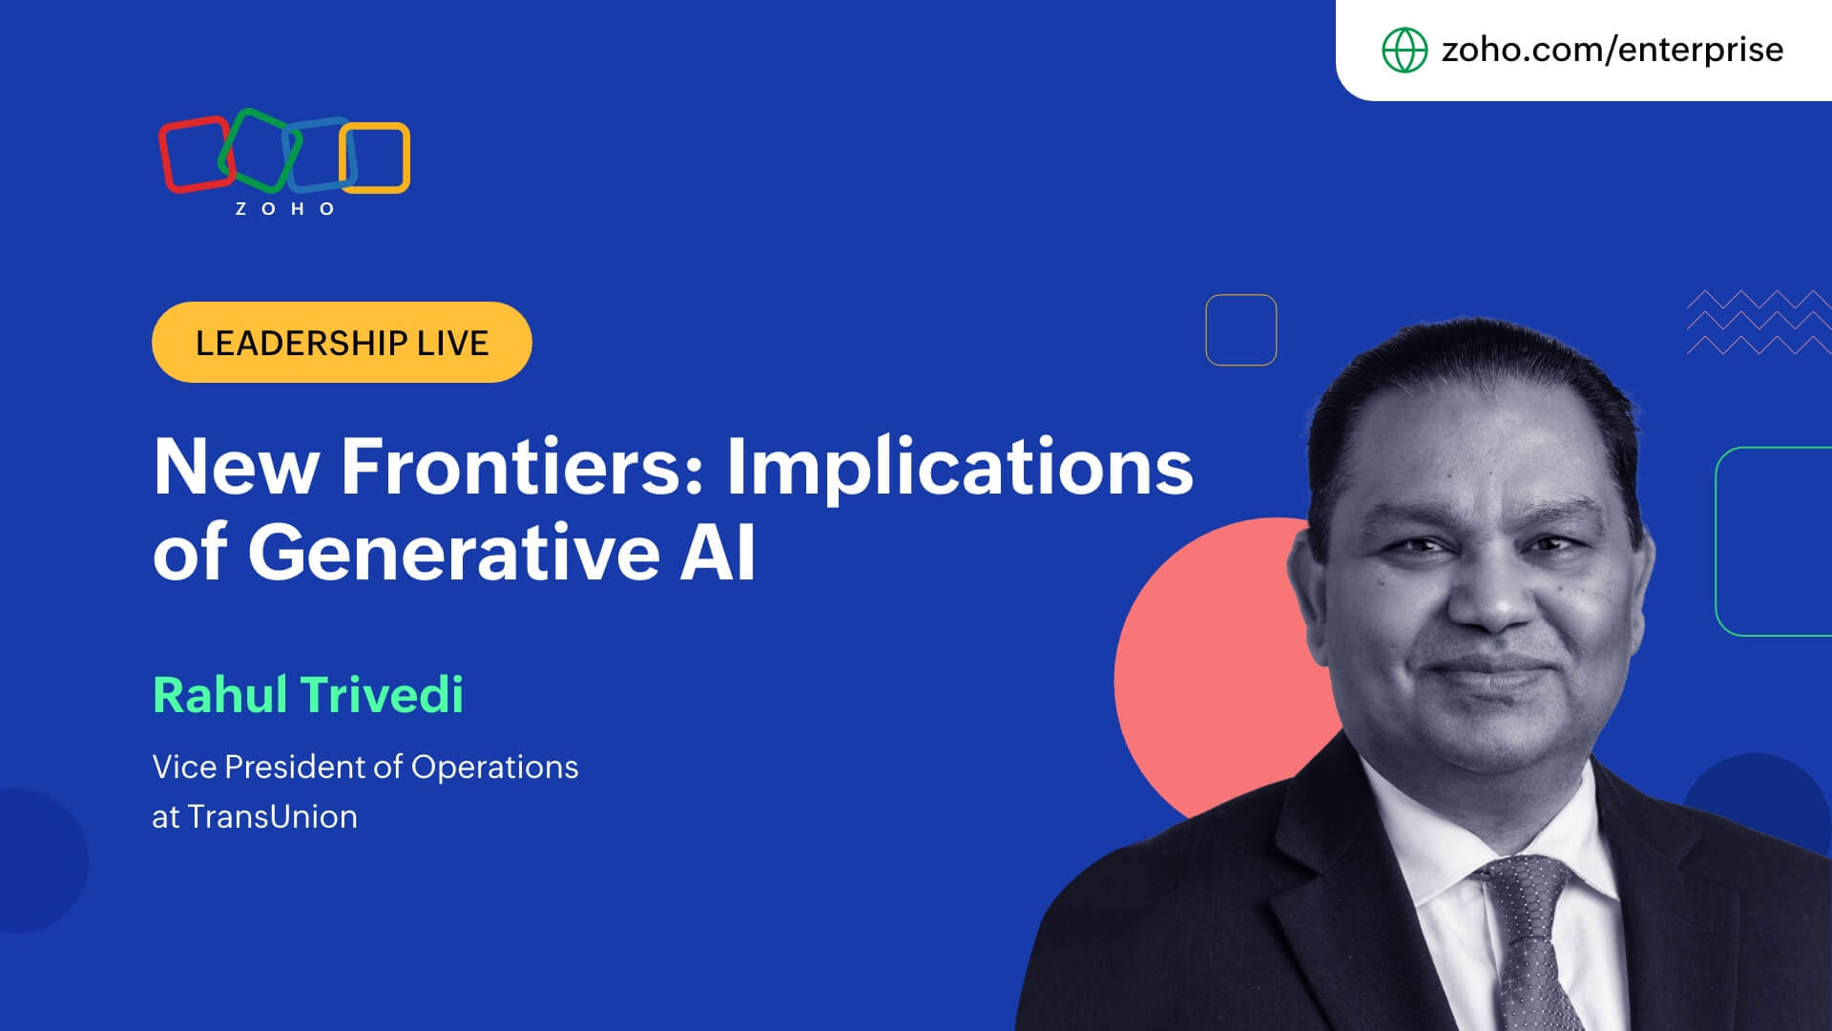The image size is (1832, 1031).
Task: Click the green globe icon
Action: [1405, 50]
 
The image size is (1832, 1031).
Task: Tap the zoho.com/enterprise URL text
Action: [1612, 50]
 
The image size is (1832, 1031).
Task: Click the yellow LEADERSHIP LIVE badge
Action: [342, 342]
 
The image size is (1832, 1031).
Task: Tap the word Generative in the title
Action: [454, 553]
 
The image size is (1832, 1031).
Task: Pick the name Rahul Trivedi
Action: [308, 694]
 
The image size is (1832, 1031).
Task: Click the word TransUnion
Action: [272, 817]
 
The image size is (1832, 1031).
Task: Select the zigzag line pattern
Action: [1759, 323]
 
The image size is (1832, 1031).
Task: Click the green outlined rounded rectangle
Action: [1717, 541]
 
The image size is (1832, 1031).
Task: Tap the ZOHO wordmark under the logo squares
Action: [285, 209]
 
